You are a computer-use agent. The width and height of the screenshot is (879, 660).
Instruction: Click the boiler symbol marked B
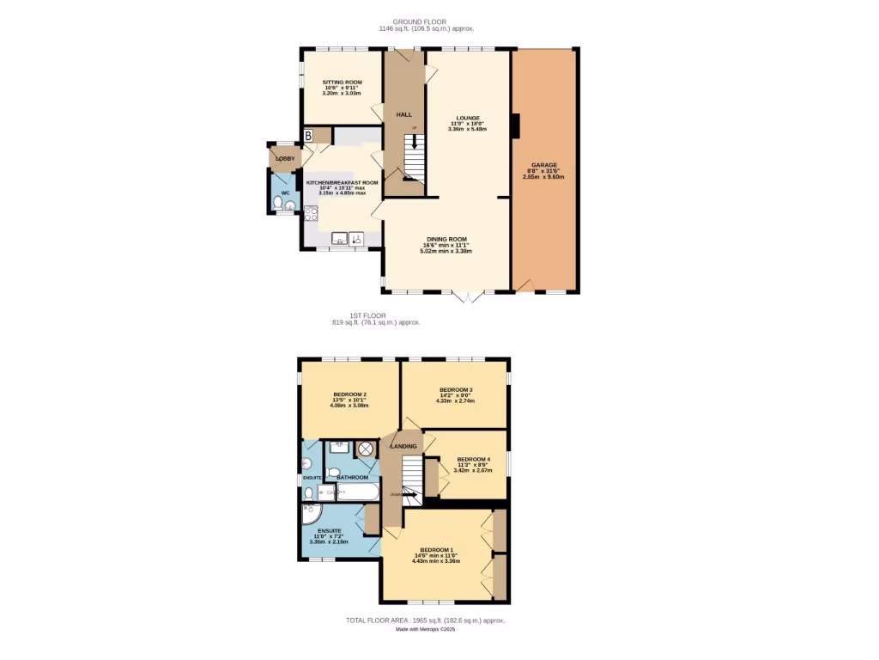click(x=308, y=136)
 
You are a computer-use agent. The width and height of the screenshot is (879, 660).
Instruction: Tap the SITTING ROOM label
click(x=343, y=82)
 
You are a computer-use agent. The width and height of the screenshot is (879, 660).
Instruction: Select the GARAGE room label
click(x=544, y=165)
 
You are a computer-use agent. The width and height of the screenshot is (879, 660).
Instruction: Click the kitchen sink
click(x=341, y=239)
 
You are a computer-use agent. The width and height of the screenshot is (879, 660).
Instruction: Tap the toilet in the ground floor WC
click(x=278, y=204)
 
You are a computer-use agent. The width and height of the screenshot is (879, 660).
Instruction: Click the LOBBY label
click(x=285, y=159)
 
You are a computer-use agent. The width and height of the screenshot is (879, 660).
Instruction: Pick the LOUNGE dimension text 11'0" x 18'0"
click(x=468, y=124)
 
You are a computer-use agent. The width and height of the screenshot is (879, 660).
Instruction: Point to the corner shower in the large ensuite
click(x=310, y=516)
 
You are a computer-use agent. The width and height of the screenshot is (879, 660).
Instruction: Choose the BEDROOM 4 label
click(x=473, y=459)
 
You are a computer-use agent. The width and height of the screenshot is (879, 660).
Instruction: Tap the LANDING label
click(x=403, y=446)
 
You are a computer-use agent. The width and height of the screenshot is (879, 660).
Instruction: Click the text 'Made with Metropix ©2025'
click(x=425, y=629)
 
